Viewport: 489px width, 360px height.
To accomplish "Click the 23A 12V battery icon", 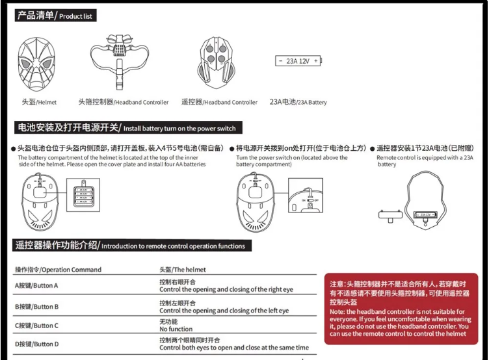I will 298,61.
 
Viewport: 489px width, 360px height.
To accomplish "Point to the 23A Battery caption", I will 298,102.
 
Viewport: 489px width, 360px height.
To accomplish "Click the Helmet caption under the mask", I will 38,102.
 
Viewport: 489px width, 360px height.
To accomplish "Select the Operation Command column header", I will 59,270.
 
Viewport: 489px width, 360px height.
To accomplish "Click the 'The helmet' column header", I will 183,270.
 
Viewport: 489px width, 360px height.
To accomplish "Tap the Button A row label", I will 36,286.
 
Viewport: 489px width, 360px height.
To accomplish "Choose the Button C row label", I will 36,326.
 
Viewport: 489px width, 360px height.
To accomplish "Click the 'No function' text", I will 176,329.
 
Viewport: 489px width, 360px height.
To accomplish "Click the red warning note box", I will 402,308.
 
